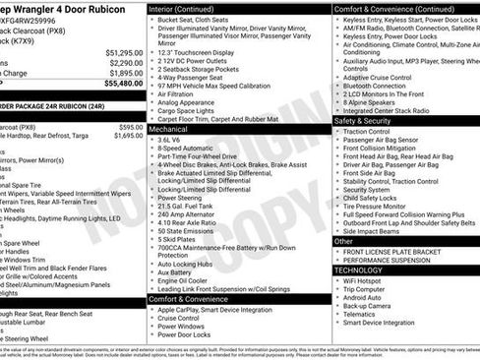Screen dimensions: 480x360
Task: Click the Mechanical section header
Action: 168,128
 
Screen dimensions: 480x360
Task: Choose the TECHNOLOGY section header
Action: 359,270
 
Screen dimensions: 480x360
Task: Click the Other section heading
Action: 343,241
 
